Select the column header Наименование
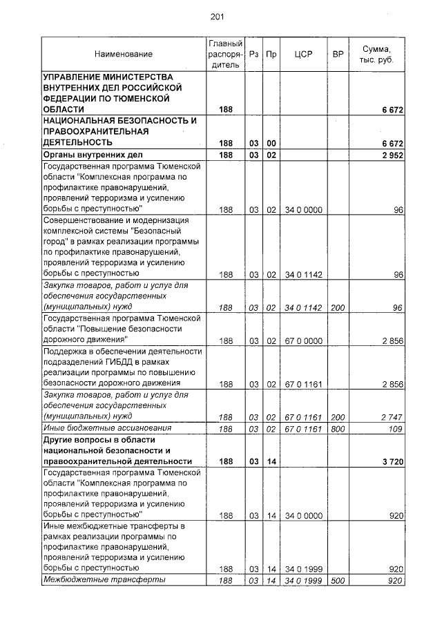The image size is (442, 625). [x=124, y=54]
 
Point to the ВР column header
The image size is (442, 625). [x=338, y=54]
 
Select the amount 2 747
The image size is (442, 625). [x=391, y=417]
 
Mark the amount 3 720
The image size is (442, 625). [x=391, y=461]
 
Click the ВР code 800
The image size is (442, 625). [x=338, y=429]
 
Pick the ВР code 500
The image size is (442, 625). [x=338, y=580]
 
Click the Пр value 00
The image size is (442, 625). [x=271, y=143]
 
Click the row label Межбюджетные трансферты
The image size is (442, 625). [x=104, y=579]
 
